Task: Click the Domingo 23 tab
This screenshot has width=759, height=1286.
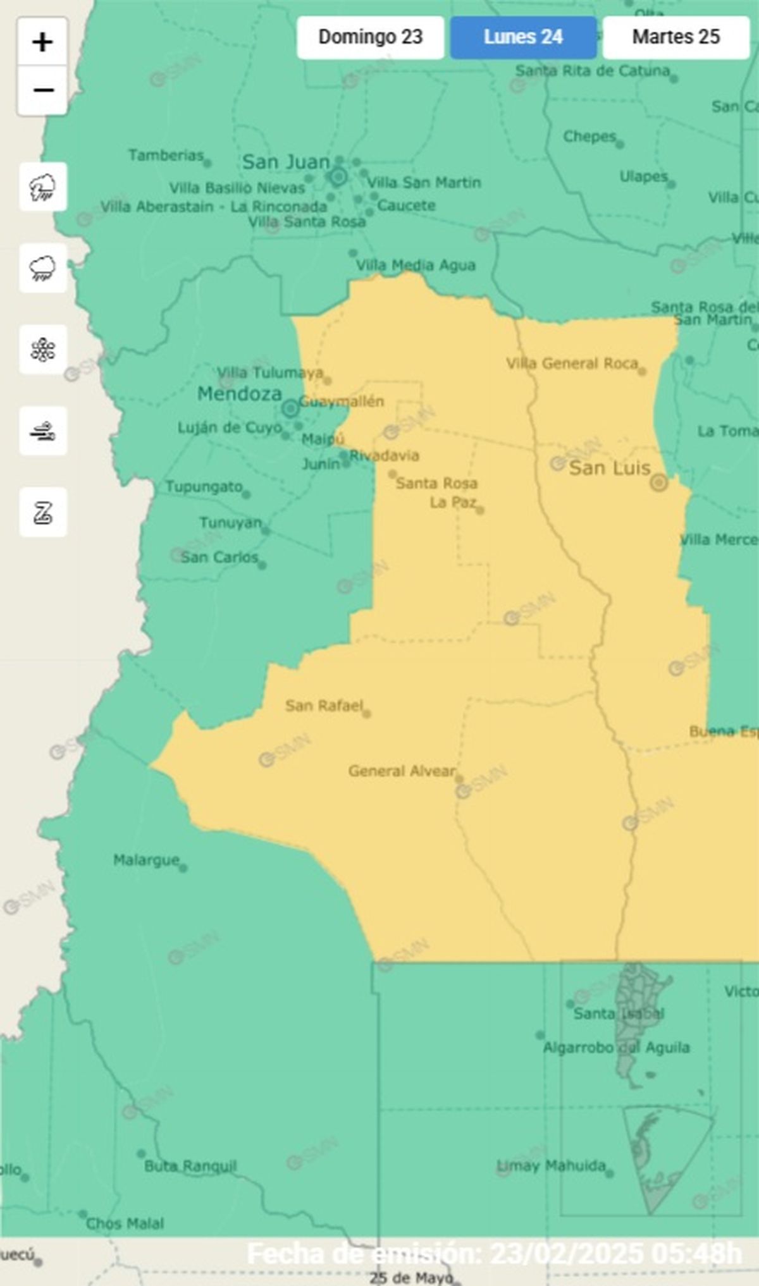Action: (370, 37)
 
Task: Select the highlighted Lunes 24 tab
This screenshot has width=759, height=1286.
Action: (523, 37)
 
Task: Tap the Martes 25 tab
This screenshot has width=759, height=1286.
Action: (676, 37)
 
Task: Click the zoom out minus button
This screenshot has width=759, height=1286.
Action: (42, 90)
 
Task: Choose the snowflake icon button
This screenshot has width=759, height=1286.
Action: (42, 350)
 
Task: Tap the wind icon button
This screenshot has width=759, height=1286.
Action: (42, 431)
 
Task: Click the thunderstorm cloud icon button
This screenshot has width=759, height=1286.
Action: (42, 187)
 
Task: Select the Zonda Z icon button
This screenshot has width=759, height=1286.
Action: (42, 512)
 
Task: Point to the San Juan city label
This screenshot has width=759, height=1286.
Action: (286, 162)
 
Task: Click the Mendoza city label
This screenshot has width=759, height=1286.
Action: (240, 394)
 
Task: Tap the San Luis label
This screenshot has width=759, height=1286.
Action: (609, 468)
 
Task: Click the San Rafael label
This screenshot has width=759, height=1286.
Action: (324, 706)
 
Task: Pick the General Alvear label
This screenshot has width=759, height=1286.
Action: (402, 771)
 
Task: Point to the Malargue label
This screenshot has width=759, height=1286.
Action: (147, 860)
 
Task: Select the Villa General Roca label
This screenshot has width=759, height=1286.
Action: (572, 364)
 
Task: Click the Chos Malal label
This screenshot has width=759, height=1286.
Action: (125, 1223)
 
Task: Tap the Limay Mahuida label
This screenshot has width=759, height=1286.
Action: (551, 1165)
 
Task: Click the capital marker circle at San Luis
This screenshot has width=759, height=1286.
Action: (659, 483)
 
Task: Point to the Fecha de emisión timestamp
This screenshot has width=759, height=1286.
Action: (494, 1254)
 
